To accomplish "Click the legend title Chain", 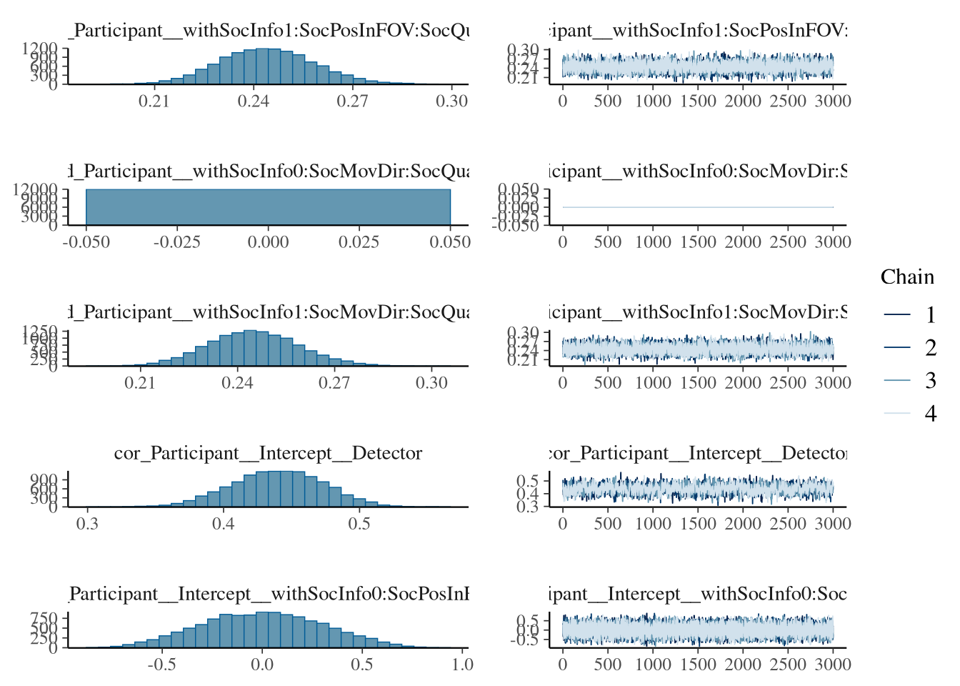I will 907,277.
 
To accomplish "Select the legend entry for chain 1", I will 930,315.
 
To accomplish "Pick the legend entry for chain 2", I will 930,348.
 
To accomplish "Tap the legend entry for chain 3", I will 930,381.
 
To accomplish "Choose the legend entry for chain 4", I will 930,414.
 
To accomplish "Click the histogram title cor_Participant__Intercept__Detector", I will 268,454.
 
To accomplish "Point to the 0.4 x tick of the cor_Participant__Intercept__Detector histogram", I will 224,524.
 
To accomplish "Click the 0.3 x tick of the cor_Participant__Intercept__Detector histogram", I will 88,524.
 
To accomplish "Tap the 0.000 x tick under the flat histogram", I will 268,242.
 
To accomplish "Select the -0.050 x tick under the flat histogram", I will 86,242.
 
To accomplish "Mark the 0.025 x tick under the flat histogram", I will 359,242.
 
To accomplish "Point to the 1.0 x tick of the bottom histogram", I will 463,665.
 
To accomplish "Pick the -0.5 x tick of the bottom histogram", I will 161,665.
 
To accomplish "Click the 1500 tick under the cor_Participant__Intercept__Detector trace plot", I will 698,524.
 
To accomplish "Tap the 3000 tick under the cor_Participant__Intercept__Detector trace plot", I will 833,524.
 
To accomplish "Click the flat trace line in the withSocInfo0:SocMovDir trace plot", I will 698,207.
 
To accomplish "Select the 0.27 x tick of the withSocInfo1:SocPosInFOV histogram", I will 353,101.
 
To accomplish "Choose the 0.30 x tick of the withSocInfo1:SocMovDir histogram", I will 431,383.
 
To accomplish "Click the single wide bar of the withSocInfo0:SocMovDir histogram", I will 268,207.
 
